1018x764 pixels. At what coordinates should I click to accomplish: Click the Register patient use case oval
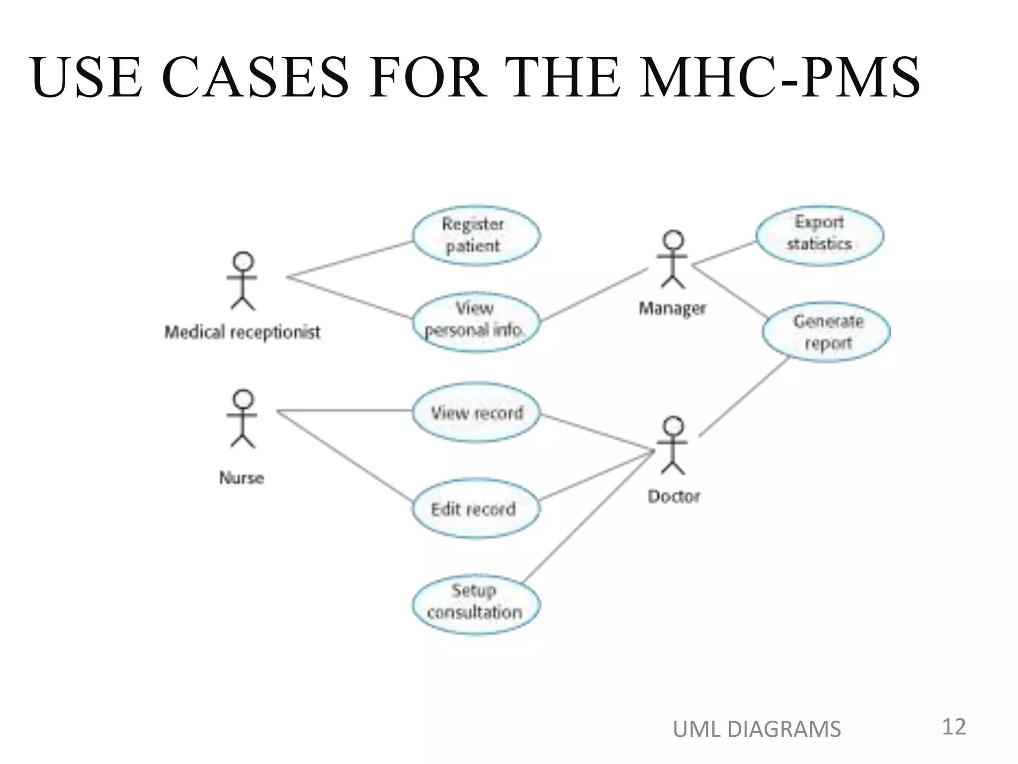pyautogui.click(x=476, y=235)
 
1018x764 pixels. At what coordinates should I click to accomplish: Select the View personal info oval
pyautogui.click(x=475, y=321)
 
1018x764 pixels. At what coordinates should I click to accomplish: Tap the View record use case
pyautogui.click(x=476, y=412)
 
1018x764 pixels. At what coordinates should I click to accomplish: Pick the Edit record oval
pyautogui.click(x=475, y=508)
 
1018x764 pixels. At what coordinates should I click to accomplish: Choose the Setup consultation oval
pyautogui.click(x=475, y=604)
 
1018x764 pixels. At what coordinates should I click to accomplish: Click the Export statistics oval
pyautogui.click(x=819, y=235)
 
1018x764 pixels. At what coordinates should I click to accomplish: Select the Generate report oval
pyautogui.click(x=826, y=331)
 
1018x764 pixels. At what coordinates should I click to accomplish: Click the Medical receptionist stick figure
pyautogui.click(x=243, y=281)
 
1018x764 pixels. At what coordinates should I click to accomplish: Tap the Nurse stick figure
pyautogui.click(x=243, y=419)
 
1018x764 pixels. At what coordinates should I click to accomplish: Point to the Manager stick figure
pyautogui.click(x=673, y=259)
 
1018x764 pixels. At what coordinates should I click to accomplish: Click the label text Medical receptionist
pyautogui.click(x=242, y=332)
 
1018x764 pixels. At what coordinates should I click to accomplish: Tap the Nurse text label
pyautogui.click(x=242, y=478)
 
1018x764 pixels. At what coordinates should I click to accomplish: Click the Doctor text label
pyautogui.click(x=674, y=496)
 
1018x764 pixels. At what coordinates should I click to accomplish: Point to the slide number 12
pyautogui.click(x=953, y=727)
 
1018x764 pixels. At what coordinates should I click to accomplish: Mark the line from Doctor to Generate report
pyautogui.click(x=745, y=396)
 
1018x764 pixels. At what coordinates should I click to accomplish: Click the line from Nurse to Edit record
pyautogui.click(x=344, y=455)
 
